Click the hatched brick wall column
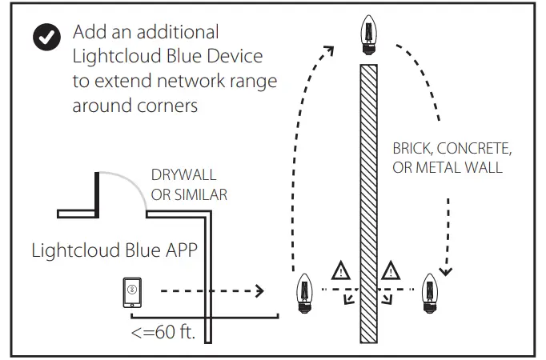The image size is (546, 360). [x=368, y=200]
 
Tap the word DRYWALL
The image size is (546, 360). [x=184, y=175]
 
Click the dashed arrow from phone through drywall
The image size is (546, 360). [x=208, y=291]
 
